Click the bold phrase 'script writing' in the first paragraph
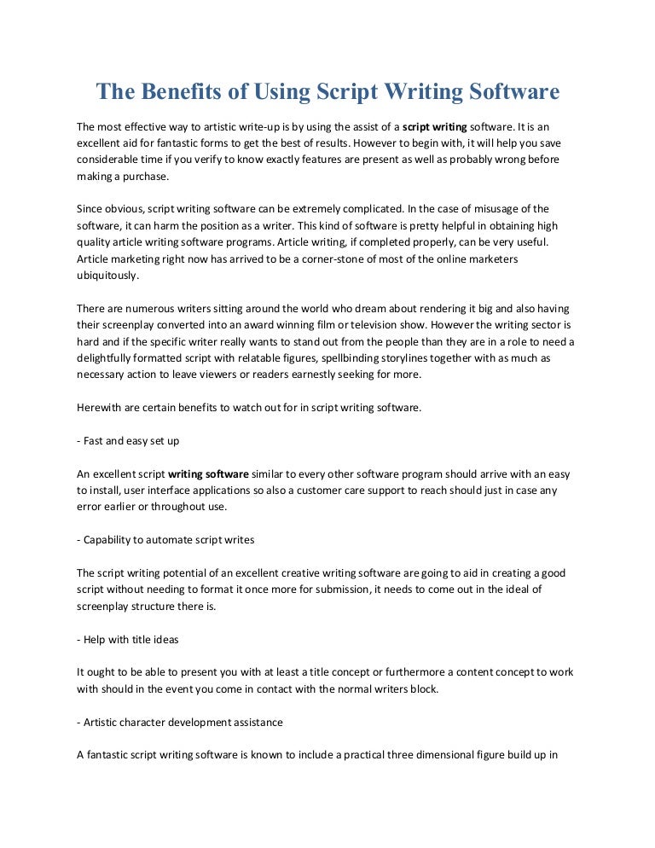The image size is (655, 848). click(434, 125)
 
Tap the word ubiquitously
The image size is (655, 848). click(107, 276)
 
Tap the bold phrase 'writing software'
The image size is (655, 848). click(209, 474)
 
